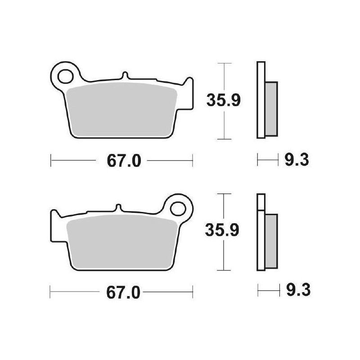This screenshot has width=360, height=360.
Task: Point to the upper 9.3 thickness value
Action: click(x=296, y=160)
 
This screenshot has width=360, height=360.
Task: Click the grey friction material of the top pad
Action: click(x=121, y=108)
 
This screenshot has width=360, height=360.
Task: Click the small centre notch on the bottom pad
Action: click(x=119, y=208)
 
